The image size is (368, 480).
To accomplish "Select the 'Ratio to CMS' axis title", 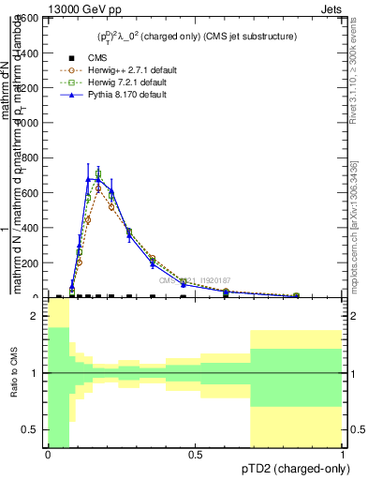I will click(x=14, y=373).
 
